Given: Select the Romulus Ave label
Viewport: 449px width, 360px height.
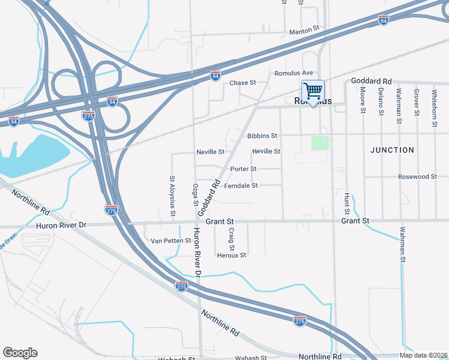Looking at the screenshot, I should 294,73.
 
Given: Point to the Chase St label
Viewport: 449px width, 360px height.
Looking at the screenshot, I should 243,83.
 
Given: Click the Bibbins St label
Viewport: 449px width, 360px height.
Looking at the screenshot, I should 262,136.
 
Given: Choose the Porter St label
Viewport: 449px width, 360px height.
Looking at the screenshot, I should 243,169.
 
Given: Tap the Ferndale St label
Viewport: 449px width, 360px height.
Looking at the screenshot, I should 241,186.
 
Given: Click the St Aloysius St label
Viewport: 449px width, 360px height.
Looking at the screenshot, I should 172,196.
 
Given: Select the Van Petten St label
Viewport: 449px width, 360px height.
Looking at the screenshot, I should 170,241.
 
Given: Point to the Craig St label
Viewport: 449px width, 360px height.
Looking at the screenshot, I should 231,239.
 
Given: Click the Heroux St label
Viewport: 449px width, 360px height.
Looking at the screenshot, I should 231,255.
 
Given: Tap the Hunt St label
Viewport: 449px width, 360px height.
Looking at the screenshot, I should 346,203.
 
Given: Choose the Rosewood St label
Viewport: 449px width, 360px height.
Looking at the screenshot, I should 417,177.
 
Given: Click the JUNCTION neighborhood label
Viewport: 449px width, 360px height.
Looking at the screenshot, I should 392,150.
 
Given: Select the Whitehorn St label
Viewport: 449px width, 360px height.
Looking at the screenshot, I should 435,108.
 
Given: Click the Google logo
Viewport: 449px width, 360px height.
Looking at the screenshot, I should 20,353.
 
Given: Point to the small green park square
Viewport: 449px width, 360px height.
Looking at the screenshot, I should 320,143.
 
